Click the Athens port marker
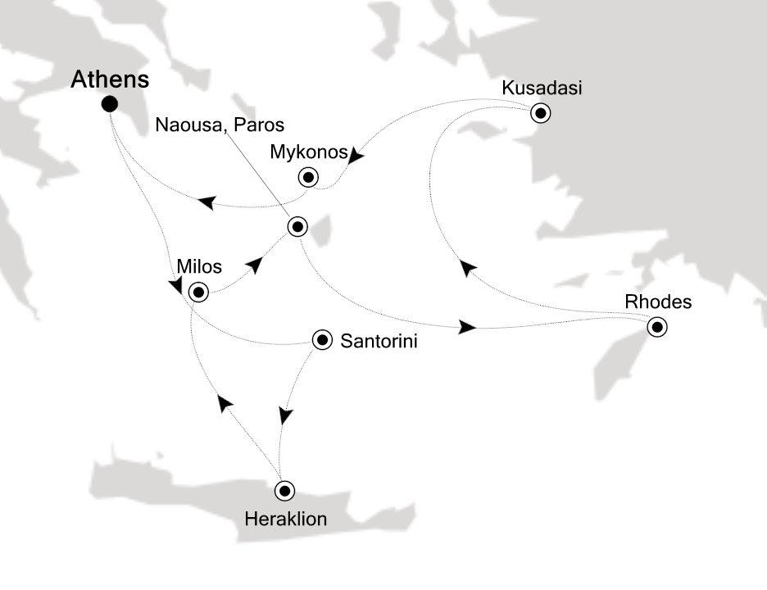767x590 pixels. (109, 104)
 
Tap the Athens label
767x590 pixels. (110, 79)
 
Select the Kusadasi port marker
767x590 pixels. (540, 113)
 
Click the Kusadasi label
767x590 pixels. (542, 88)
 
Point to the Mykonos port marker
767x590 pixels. (307, 176)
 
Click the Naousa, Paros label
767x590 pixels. (221, 125)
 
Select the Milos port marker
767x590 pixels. (197, 292)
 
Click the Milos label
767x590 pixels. (198, 267)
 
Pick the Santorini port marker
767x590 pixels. (322, 340)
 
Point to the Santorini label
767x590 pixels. (378, 342)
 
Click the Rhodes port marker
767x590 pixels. (656, 328)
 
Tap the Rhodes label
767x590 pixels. (658, 302)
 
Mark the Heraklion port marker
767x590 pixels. (284, 491)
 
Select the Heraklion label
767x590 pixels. (285, 519)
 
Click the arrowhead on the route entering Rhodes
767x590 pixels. (467, 328)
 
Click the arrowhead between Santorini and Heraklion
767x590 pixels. (285, 416)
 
